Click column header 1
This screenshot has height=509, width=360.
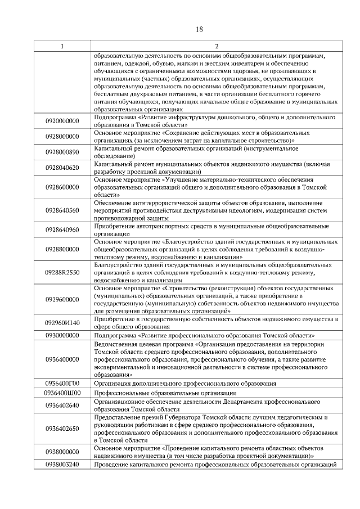click(x=62, y=46)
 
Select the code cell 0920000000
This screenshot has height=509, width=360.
click(x=62, y=120)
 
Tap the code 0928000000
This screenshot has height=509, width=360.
click(x=62, y=136)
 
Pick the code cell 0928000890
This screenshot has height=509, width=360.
click(x=62, y=152)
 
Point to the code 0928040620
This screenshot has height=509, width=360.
click(x=62, y=168)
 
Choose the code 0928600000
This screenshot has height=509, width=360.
click(x=62, y=187)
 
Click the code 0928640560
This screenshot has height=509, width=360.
click(x=62, y=210)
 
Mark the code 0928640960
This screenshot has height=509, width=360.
click(x=62, y=230)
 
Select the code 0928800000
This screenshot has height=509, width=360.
click(x=62, y=249)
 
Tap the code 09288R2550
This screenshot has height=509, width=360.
click(x=62, y=273)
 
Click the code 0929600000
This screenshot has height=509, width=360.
click(x=62, y=300)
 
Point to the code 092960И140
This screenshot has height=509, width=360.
click(x=62, y=323)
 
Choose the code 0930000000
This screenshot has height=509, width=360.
click(x=62, y=335)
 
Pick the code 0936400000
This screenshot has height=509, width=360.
click(x=62, y=359)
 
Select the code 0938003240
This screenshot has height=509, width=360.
click(x=62, y=464)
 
